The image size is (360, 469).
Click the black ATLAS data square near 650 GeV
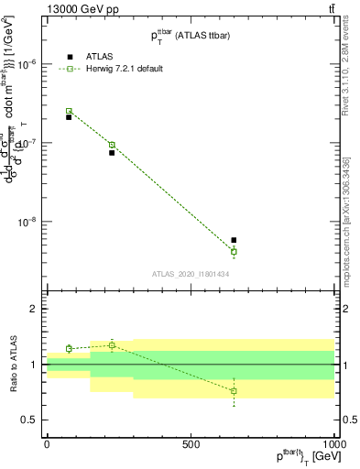(234, 240)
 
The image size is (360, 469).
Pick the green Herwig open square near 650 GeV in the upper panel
(234, 251)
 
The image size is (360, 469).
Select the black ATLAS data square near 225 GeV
(112, 153)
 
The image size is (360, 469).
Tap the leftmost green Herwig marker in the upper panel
(69, 111)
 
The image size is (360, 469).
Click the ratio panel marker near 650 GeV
(234, 391)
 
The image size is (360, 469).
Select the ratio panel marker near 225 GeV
(112, 344)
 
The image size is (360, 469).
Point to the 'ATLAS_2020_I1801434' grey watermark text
(191, 273)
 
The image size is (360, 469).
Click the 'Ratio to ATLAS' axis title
(12, 365)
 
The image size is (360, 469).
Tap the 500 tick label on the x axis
(191, 443)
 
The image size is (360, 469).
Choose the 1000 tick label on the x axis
(333, 443)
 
